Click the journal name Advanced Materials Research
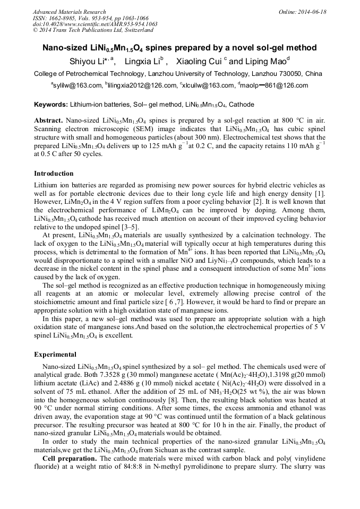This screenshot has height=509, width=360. coord(69,12)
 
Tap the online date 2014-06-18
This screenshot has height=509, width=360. coord(313,12)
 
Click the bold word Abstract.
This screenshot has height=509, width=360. coord(48,120)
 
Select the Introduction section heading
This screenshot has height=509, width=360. coord(54,174)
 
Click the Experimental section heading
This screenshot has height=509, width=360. coord(55,354)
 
